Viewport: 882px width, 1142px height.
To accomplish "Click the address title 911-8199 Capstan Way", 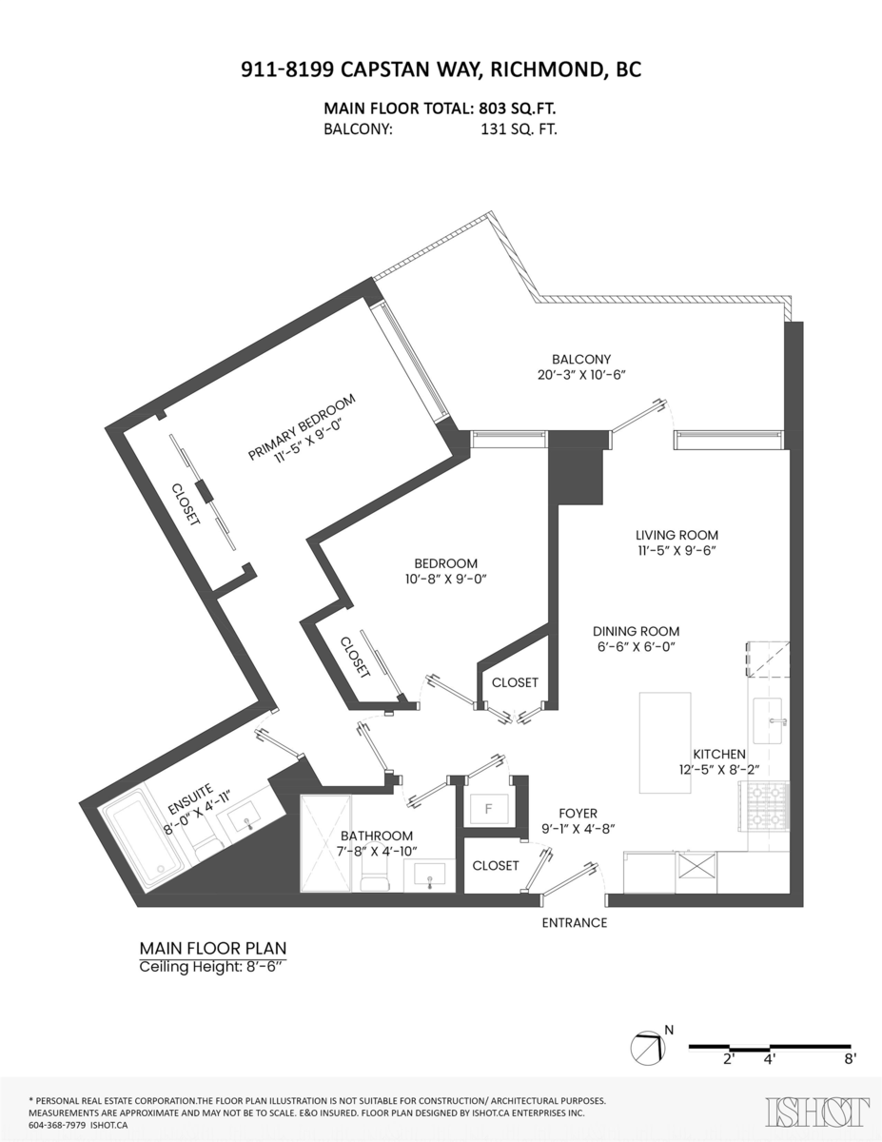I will pyautogui.click(x=441, y=69).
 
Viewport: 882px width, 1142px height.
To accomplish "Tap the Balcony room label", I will pyautogui.click(x=580, y=359).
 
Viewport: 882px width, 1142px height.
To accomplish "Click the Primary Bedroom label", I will pyautogui.click(x=302, y=426).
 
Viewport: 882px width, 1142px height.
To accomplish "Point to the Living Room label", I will pyautogui.click(x=676, y=535).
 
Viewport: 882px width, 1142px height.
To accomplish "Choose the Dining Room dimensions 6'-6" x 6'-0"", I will pyautogui.click(x=636, y=647).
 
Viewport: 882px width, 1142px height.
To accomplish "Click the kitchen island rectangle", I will pyautogui.click(x=664, y=742).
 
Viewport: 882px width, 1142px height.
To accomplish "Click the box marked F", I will pyautogui.click(x=489, y=810).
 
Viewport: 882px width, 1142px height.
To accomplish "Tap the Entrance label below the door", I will pyautogui.click(x=574, y=922).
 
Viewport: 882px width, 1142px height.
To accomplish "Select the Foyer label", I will pyautogui.click(x=578, y=814).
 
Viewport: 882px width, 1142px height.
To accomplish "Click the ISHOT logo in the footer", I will pyautogui.click(x=817, y=1112).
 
